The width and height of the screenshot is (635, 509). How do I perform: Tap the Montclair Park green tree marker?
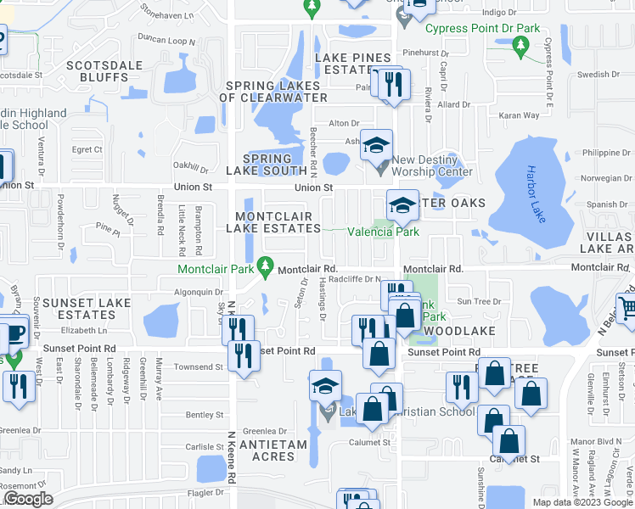pyautogui.click(x=265, y=269)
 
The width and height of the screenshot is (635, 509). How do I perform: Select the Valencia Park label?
pyautogui.click(x=383, y=231)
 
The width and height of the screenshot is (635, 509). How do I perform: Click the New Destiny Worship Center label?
pyautogui.click(x=431, y=165)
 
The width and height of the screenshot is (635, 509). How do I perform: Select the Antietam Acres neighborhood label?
pyautogui.click(x=267, y=450)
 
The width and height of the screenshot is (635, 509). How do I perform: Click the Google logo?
pyautogui.click(x=29, y=499)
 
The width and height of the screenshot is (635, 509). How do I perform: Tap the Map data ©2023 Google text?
pyautogui.click(x=582, y=502)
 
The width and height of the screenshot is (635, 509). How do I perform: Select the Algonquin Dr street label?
pyautogui.click(x=192, y=291)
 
